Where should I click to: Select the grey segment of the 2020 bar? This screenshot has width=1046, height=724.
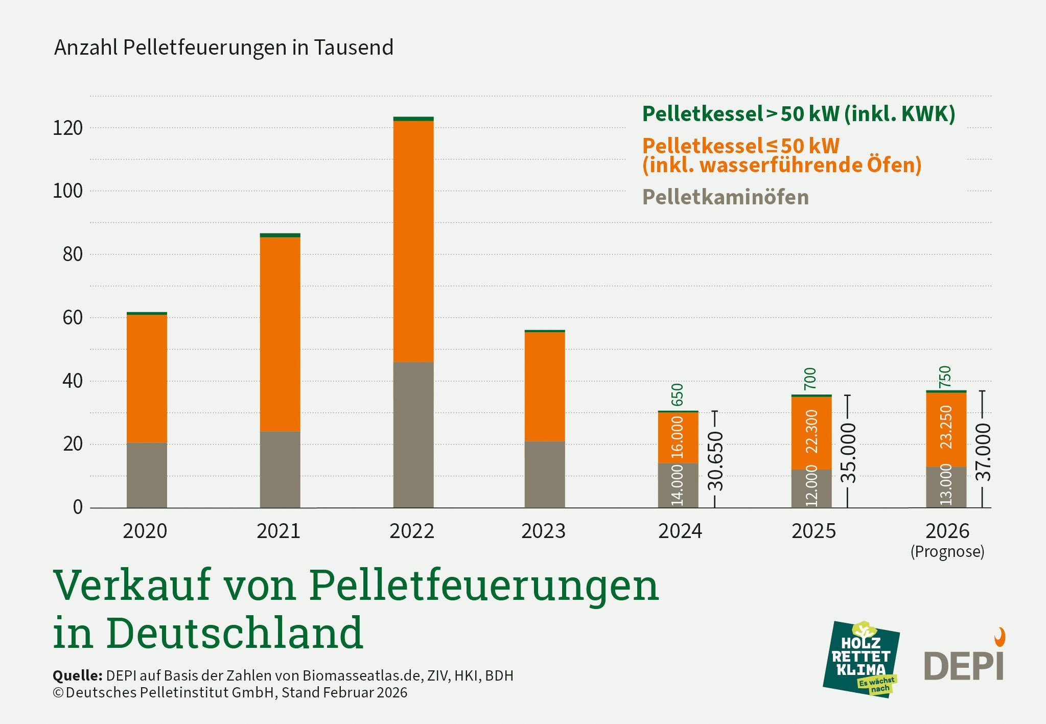(x=147, y=475)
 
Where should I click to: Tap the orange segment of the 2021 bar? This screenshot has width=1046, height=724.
(x=280, y=334)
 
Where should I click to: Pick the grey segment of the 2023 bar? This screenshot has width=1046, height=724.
(x=545, y=474)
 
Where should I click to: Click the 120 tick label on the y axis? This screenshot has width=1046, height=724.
(x=67, y=128)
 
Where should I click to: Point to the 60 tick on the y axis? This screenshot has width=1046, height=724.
(x=73, y=318)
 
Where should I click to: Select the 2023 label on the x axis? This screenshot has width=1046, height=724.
(x=543, y=531)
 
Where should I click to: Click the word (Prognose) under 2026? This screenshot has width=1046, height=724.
(x=947, y=552)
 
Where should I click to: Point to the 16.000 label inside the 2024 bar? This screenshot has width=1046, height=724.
(x=678, y=437)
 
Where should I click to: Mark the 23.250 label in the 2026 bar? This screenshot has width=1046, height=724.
(x=946, y=427)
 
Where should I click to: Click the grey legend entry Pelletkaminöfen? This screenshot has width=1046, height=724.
(x=725, y=197)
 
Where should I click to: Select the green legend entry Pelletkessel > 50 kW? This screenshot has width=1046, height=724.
(x=798, y=113)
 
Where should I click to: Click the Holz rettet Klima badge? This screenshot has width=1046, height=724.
(x=861, y=660)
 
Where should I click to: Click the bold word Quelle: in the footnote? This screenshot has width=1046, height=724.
(x=78, y=675)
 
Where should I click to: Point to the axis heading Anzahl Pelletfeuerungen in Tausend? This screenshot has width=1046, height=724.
(x=224, y=48)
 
